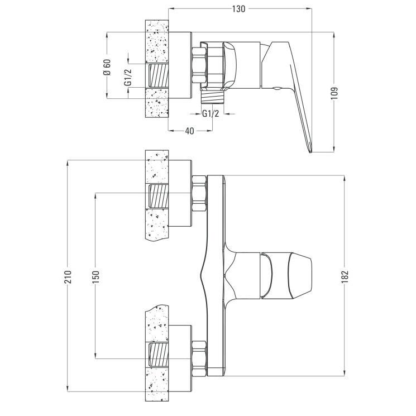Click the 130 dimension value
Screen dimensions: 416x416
(x=238, y=9)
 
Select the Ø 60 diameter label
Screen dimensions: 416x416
(x=107, y=68)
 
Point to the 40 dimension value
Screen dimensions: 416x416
(x=189, y=131)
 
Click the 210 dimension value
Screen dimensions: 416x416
(x=68, y=277)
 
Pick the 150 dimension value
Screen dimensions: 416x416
(x=96, y=277)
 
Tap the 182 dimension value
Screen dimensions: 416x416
(x=345, y=277)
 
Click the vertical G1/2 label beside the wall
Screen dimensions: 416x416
(x=128, y=77)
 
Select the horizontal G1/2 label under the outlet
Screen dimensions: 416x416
(x=211, y=114)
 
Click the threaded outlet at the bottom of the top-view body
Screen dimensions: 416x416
(x=213, y=97)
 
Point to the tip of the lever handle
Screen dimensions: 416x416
(x=310, y=152)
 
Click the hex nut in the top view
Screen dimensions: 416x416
(x=199, y=65)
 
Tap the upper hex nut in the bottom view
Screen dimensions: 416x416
(x=199, y=193)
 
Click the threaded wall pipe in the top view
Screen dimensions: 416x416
(x=159, y=75)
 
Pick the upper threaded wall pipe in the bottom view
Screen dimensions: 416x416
(x=159, y=195)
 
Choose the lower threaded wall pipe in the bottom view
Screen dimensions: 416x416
(x=159, y=355)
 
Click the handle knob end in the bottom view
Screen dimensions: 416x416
(x=300, y=276)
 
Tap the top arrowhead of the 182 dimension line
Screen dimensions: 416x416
(x=345, y=178)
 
